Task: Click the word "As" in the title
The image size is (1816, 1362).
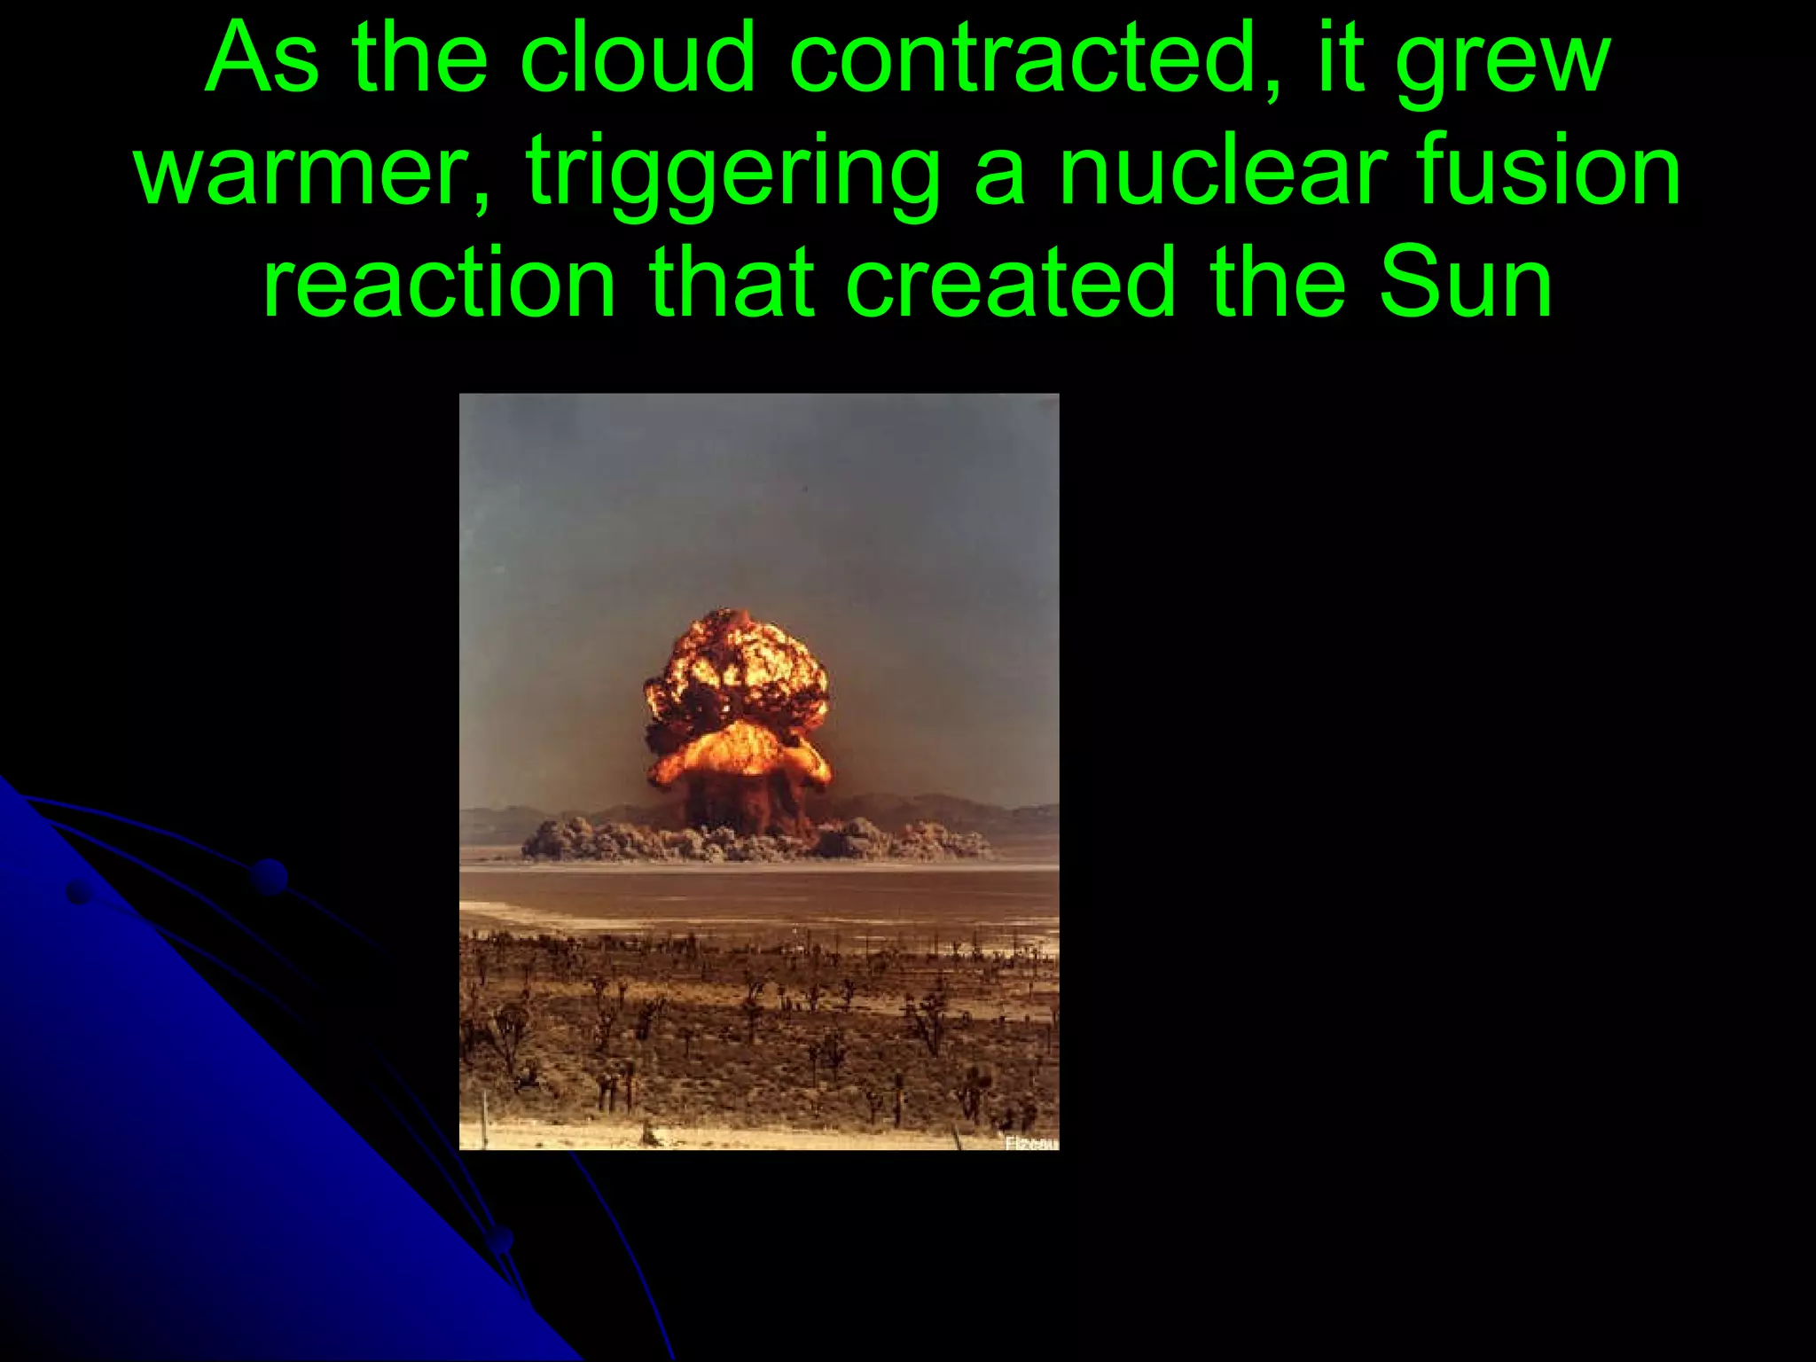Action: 262,60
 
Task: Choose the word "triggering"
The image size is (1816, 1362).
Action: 732,174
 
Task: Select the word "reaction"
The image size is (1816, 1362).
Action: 439,284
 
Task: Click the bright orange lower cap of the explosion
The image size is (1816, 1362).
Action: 740,754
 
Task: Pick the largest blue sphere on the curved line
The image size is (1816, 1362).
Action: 268,876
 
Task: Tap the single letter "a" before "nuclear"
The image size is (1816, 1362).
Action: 999,174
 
